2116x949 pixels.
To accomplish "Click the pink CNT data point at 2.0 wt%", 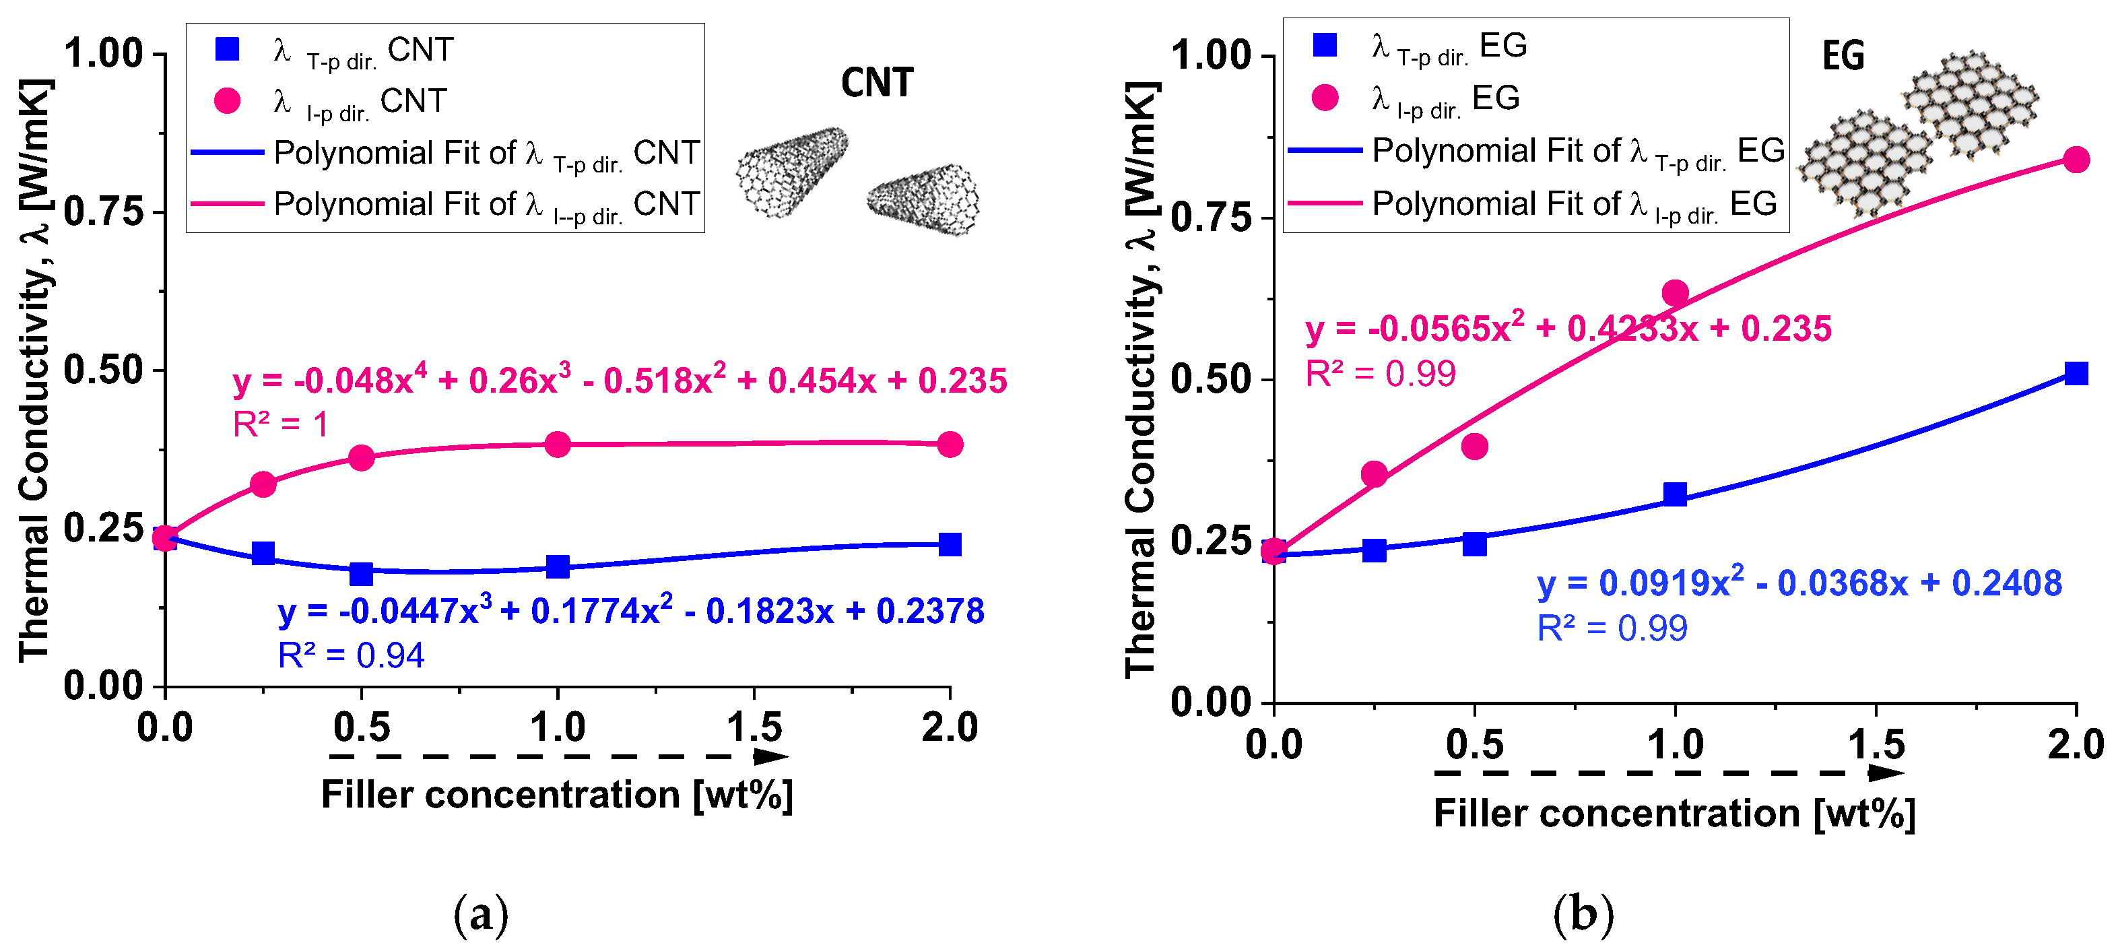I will pos(950,445).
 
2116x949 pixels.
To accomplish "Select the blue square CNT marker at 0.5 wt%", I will pos(362,573).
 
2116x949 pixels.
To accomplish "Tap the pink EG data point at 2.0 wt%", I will pos(2076,160).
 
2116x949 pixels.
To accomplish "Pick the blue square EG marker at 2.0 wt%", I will pos(2076,374).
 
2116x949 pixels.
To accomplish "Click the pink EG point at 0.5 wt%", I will pos(1474,446).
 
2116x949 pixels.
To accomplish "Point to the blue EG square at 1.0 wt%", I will pos(1675,494).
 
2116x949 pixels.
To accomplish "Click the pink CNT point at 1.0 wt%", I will pos(558,445).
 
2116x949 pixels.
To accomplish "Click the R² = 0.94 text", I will pos(351,655).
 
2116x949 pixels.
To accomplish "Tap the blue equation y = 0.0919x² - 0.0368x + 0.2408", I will pos(1799,583).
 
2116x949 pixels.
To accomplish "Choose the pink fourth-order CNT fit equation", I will pos(620,381).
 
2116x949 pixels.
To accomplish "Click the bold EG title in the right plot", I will pos(1843,56).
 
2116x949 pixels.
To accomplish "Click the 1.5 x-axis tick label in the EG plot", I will pos(1876,744).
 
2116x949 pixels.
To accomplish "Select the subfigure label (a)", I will pos(481,914).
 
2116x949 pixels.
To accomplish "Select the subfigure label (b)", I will pos(1583,914).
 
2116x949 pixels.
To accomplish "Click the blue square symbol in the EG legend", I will pos(1324,45).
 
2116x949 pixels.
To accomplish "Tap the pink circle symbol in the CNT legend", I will pos(227,100).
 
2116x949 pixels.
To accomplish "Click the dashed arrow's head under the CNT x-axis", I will pos(772,756).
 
